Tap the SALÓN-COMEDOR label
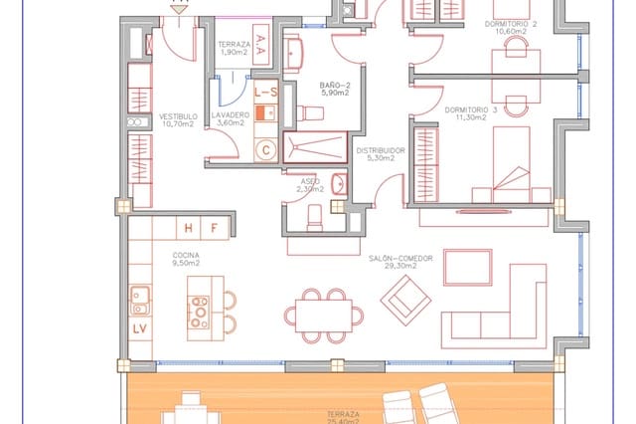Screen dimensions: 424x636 click(400, 260)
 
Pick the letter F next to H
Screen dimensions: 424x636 click(213, 228)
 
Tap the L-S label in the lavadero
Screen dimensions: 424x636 click(265, 92)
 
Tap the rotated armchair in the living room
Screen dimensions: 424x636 click(406, 295)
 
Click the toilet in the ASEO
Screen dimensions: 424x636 click(314, 214)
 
